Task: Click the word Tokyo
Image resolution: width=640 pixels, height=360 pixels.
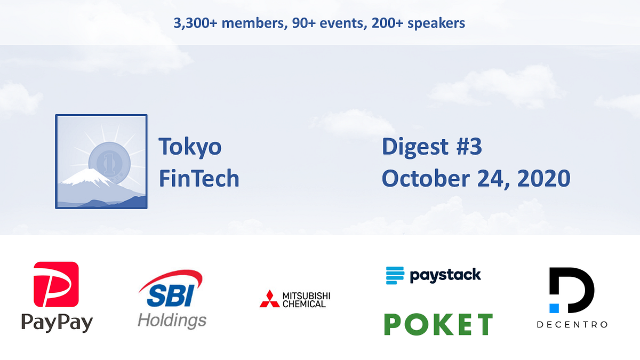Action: click(190, 147)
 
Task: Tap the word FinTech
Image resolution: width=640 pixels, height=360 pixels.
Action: click(199, 178)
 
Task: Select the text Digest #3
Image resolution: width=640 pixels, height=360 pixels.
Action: click(431, 147)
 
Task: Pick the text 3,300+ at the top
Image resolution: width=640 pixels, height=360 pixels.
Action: click(194, 23)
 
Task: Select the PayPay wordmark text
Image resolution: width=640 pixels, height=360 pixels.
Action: click(57, 323)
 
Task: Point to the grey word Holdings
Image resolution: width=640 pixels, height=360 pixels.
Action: click(172, 321)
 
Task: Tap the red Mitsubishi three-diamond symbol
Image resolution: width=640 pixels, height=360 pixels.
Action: click(269, 299)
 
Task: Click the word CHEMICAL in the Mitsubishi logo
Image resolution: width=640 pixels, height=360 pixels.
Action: click(306, 304)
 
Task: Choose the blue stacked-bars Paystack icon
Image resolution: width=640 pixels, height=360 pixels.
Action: click(395, 275)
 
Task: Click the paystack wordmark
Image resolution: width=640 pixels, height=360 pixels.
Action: click(445, 275)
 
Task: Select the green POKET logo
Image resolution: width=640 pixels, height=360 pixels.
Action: click(438, 324)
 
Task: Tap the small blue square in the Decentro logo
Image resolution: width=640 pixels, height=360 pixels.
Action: click(554, 308)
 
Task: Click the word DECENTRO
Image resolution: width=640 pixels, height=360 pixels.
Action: click(572, 324)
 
